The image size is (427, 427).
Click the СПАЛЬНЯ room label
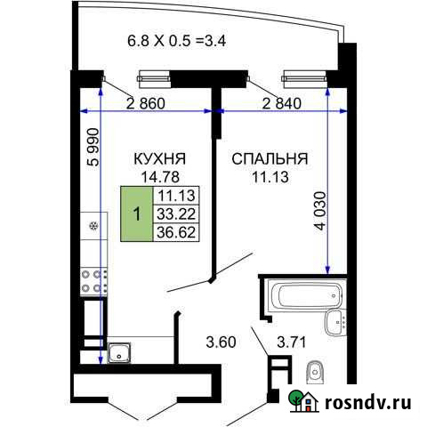(x=270, y=159)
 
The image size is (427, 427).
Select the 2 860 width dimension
(x=144, y=102)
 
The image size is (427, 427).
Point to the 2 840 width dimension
(x=282, y=102)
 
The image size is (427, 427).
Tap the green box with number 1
(x=136, y=213)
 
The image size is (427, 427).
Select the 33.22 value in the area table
(x=176, y=213)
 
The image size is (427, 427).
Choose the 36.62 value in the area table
(x=176, y=231)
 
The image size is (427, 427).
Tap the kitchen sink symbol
(x=119, y=353)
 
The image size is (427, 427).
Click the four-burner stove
(x=92, y=282)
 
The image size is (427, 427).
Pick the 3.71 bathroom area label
(x=293, y=339)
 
